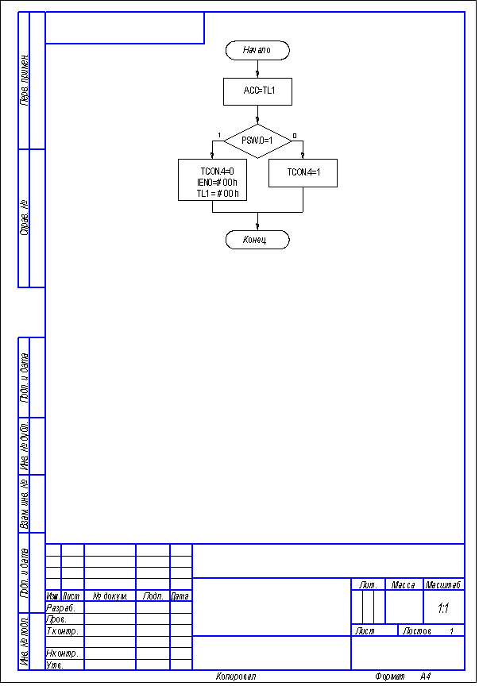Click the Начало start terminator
pyautogui.click(x=257, y=50)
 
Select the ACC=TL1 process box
pyautogui.click(x=257, y=91)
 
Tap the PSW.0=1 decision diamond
pyautogui.click(x=257, y=141)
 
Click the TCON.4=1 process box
pyautogui.click(x=303, y=172)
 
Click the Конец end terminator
pyautogui.click(x=257, y=239)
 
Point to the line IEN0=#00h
pyautogui.click(x=217, y=182)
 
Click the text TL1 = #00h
pyautogui.click(x=217, y=193)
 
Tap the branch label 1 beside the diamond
pyautogui.click(x=218, y=135)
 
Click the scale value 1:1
pyautogui.click(x=443, y=608)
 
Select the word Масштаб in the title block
pyautogui.click(x=444, y=585)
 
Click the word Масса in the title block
pyautogui.click(x=404, y=585)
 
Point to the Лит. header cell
pyautogui.click(x=368, y=585)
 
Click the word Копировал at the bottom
pyautogui.click(x=236, y=676)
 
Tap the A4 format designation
pyautogui.click(x=426, y=676)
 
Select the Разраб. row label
pyautogui.click(x=60, y=607)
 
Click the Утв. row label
pyautogui.click(x=55, y=665)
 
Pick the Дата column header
pyautogui.click(x=180, y=596)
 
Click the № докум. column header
pyautogui.click(x=110, y=596)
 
